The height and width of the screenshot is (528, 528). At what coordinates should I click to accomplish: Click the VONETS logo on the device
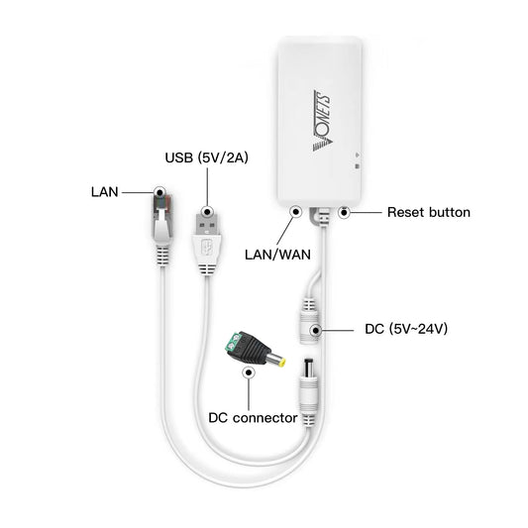[323, 121]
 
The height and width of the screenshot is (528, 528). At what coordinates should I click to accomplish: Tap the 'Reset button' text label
[429, 212]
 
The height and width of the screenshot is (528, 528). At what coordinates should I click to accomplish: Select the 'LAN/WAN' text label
[277, 255]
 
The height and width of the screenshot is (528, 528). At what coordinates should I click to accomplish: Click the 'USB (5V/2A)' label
[206, 158]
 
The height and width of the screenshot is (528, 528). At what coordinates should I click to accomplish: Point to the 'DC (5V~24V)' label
[406, 329]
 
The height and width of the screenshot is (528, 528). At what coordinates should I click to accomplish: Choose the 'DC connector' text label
[253, 418]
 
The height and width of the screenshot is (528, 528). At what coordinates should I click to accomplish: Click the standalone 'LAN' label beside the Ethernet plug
[104, 192]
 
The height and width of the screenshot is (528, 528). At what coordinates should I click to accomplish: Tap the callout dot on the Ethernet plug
[159, 192]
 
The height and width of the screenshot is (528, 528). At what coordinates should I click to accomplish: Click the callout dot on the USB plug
[207, 212]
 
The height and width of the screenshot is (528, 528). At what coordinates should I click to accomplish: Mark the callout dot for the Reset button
[344, 212]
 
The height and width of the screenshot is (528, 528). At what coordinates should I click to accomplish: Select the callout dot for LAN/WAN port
[296, 212]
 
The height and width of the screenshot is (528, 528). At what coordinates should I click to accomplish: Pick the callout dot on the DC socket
[316, 330]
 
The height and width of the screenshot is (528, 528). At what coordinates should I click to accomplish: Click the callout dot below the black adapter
[249, 372]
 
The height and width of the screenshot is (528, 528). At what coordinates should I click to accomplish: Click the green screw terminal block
[233, 344]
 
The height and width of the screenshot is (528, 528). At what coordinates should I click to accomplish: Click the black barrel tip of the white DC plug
[308, 369]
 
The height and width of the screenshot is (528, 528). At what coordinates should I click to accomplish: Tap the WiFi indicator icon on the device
[357, 155]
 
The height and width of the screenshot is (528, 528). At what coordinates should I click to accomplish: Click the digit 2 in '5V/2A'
[230, 158]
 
